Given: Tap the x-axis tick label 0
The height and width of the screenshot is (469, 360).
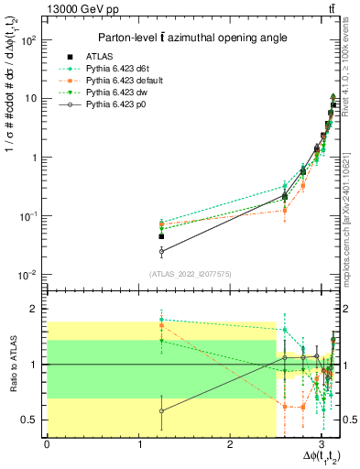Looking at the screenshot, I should click(47, 444).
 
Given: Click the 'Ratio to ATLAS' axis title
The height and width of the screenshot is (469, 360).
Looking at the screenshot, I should click(12, 364).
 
